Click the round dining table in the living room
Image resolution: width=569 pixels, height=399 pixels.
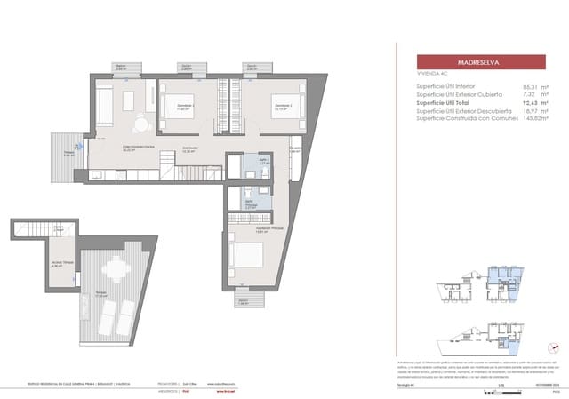coord(143,124)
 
